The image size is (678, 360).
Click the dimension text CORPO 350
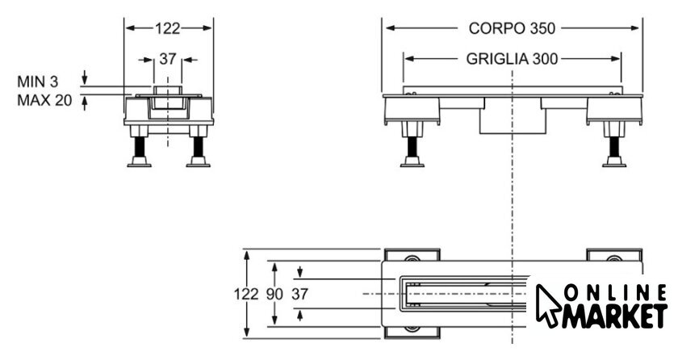click(512, 28)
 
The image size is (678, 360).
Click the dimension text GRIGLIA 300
click(513, 59)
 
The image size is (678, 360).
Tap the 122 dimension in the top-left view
click(167, 28)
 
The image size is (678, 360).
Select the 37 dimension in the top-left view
click(167, 59)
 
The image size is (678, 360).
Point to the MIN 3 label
click(37, 82)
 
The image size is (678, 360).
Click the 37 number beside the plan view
click(299, 294)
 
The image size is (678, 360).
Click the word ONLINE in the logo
click(613, 294)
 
